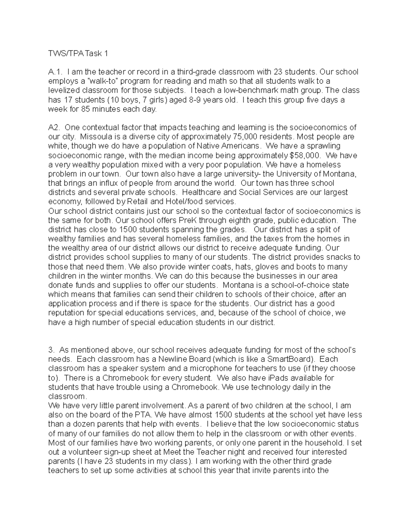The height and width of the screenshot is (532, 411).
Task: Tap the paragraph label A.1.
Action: coord(55,72)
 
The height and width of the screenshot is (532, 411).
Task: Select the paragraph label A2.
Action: coord(54,128)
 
